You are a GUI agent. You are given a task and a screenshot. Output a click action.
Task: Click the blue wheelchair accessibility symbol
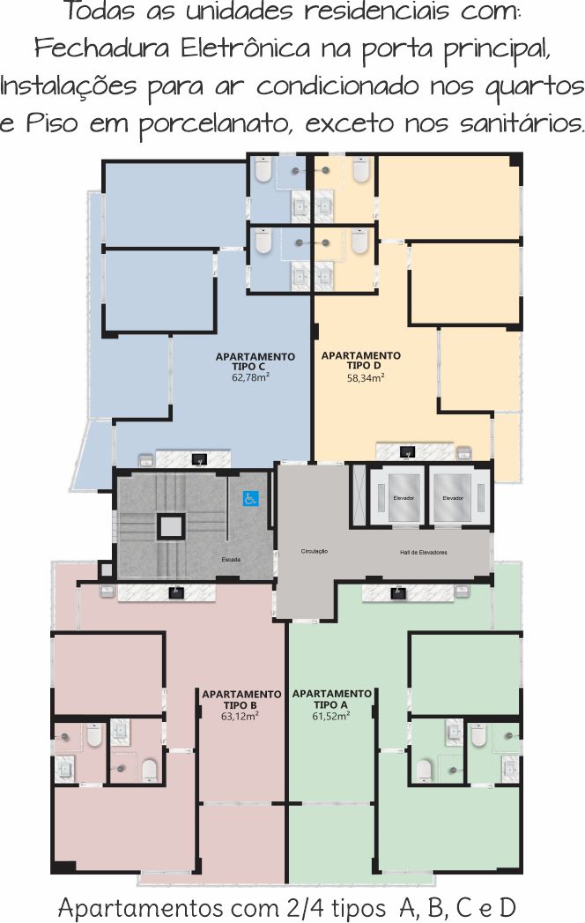250,499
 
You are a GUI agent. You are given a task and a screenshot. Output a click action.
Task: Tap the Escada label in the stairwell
231,559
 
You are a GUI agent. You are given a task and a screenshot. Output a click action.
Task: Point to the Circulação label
315,552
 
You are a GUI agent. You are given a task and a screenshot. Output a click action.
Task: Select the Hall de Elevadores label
423,552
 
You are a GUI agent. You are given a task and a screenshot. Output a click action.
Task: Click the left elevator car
404,498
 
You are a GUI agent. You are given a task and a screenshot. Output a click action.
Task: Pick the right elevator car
453,498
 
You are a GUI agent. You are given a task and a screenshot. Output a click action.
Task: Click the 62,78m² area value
251,377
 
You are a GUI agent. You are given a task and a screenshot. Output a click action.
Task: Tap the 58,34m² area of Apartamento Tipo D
366,378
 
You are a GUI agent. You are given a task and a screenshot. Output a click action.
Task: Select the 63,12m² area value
241,717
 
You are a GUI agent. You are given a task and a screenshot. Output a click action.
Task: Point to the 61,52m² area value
331,717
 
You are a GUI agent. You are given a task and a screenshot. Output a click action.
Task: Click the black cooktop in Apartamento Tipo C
199,458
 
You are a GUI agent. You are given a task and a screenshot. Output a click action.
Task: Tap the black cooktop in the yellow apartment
407,452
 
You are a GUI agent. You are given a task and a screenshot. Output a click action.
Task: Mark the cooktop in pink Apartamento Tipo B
176,592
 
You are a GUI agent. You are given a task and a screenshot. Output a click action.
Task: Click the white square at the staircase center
171,526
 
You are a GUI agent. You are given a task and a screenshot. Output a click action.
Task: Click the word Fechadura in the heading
102,48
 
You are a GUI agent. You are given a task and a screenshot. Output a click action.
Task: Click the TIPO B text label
241,705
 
